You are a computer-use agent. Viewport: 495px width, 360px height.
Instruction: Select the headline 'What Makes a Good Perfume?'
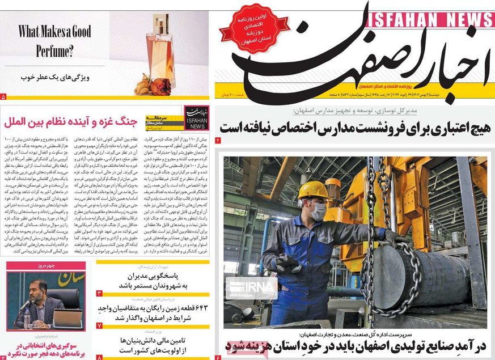55,41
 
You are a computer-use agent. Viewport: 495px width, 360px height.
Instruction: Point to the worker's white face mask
319,211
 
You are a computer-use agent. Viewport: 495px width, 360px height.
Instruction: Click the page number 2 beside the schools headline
218,140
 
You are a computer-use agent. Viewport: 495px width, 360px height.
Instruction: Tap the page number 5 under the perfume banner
4,97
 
